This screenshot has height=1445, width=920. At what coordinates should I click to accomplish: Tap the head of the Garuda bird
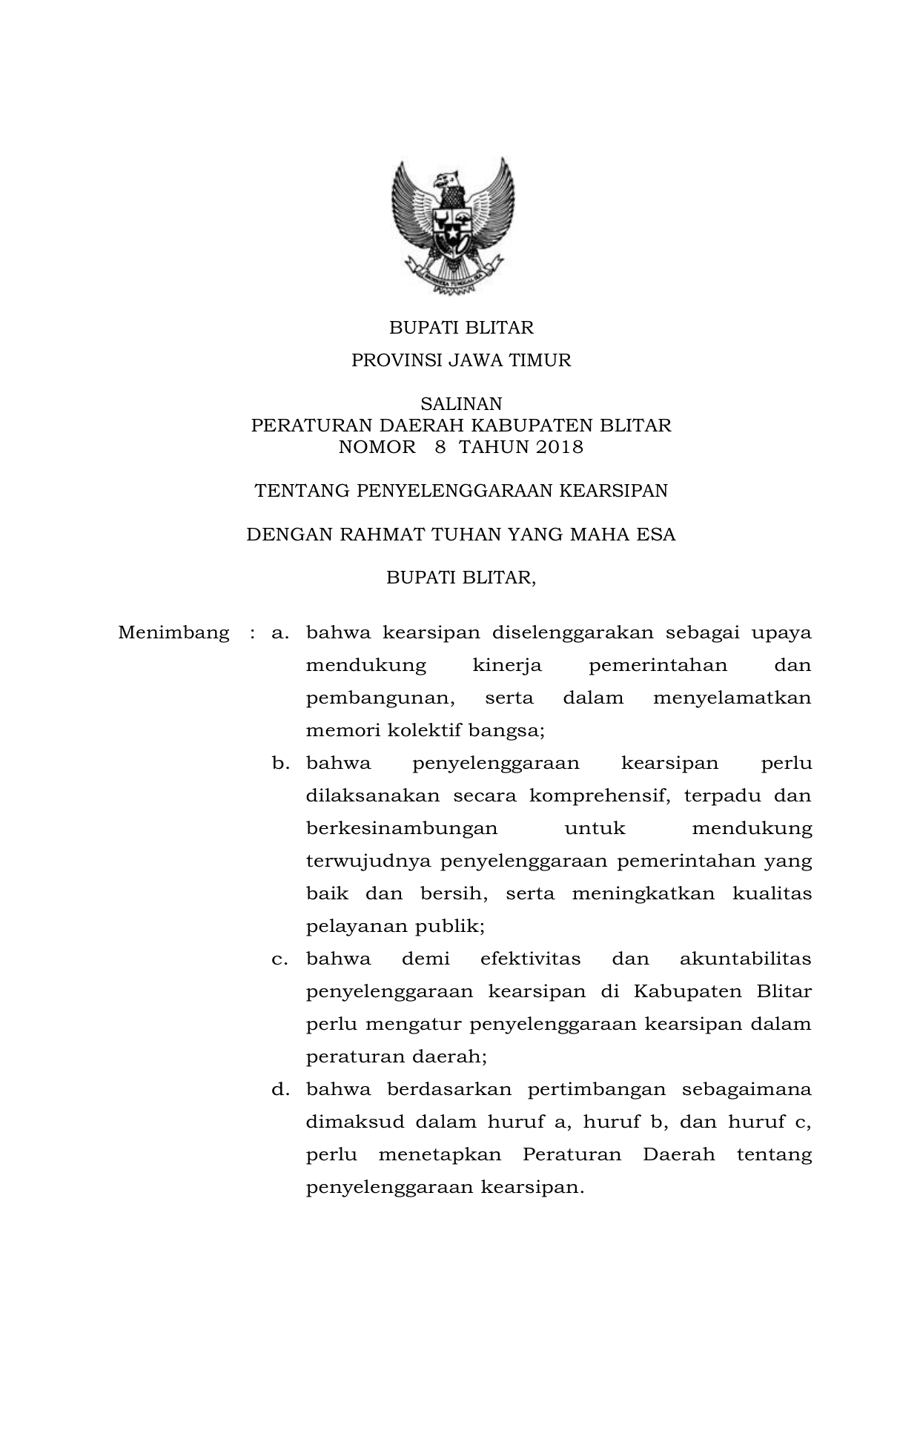[447, 179]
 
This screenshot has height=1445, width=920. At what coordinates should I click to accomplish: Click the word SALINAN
[461, 404]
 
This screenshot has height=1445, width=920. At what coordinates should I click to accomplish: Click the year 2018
[559, 447]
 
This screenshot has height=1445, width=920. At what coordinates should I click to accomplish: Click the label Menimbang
[173, 633]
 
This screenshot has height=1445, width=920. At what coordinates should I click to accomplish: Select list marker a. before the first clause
[279, 633]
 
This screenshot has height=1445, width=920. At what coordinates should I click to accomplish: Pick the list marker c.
[279, 959]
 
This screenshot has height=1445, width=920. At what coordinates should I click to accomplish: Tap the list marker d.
[279, 1090]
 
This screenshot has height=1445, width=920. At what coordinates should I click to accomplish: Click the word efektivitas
[530, 959]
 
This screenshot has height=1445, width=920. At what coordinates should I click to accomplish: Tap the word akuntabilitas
[745, 959]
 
